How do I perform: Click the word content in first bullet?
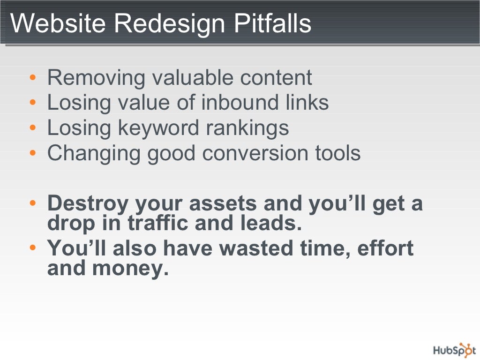(276, 77)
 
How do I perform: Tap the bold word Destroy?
(88, 204)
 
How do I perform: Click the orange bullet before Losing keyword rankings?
(32, 127)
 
